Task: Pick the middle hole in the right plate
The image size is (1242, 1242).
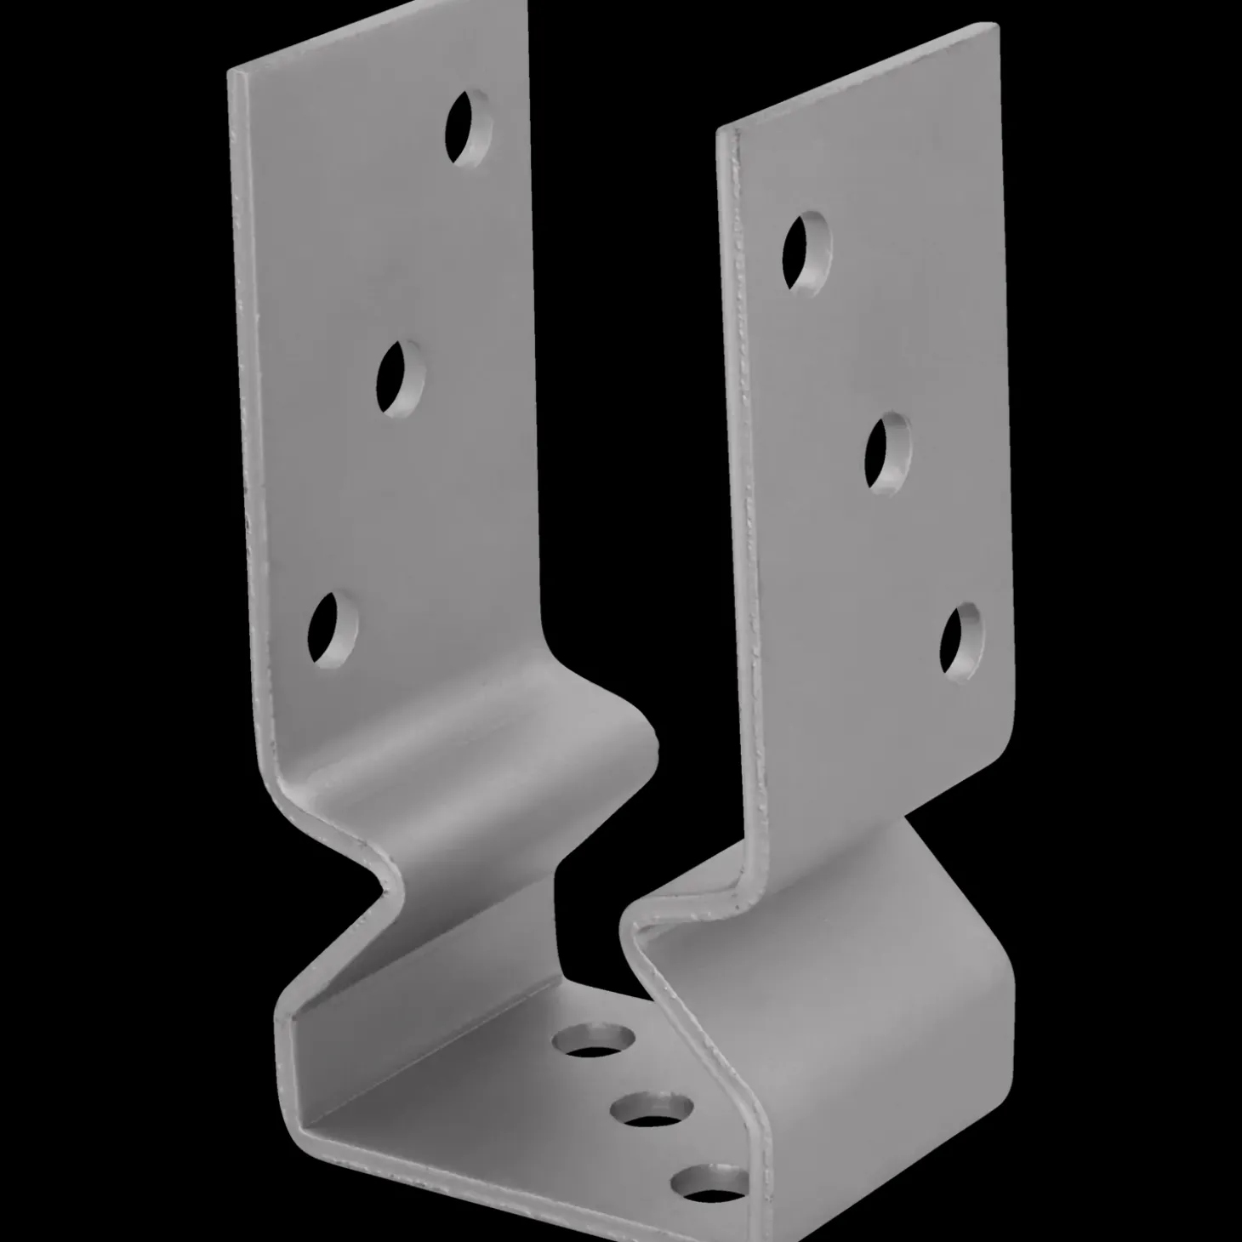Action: point(888,451)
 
